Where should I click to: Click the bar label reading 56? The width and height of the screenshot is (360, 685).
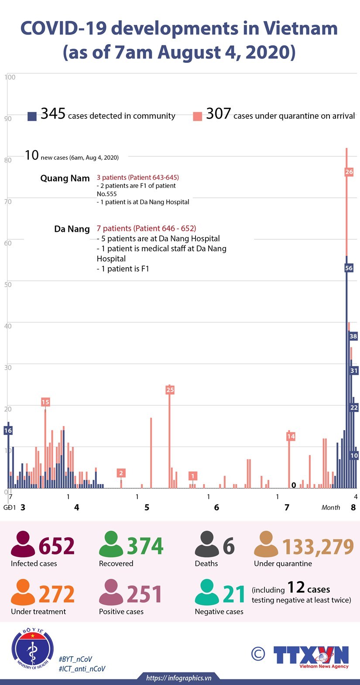click(x=349, y=268)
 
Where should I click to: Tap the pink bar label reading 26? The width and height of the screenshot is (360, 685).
click(x=349, y=172)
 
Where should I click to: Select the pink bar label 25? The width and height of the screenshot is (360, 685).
click(x=170, y=390)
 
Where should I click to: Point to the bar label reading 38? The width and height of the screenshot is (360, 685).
click(x=353, y=336)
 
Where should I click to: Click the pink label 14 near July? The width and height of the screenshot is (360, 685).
click(x=291, y=436)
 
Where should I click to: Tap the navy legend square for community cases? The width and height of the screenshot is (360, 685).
click(x=32, y=116)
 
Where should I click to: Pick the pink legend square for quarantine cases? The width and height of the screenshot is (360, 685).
click(x=198, y=116)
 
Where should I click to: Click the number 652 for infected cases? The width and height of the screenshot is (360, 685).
click(x=57, y=547)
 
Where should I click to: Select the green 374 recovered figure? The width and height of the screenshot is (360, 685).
click(x=145, y=547)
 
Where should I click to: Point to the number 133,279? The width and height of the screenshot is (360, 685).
click(x=318, y=547)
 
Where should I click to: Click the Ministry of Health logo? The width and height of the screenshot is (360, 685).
click(x=33, y=649)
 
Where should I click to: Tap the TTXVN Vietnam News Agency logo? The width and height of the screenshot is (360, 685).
click(x=311, y=656)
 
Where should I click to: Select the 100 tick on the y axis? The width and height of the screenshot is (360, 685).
click(x=10, y=77)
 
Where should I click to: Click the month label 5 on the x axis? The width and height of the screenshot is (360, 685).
click(x=147, y=507)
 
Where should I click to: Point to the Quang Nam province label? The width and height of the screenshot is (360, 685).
click(x=65, y=178)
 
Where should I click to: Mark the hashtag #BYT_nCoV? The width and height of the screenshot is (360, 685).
click(x=75, y=659)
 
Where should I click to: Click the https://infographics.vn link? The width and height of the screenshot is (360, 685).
click(x=179, y=678)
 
